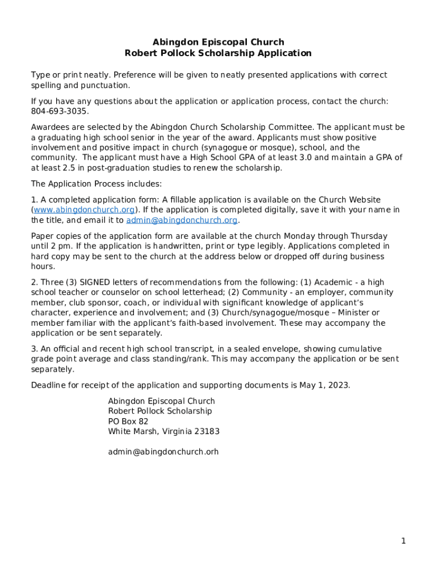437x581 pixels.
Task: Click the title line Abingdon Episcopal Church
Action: tap(218, 42)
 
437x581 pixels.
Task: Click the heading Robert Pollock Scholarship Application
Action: tap(218, 53)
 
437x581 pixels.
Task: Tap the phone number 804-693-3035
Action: tap(60, 111)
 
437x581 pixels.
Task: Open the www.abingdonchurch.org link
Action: tap(84, 210)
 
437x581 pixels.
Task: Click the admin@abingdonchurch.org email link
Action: tap(182, 220)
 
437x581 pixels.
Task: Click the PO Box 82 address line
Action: tap(128, 421)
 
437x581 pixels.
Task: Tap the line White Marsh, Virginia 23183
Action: tap(163, 431)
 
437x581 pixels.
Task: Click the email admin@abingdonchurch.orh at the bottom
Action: tap(163, 452)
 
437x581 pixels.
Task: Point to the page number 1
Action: tap(404, 541)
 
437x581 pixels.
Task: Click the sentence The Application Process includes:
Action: tap(96, 184)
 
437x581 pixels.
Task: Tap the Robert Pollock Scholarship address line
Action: tap(160, 411)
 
